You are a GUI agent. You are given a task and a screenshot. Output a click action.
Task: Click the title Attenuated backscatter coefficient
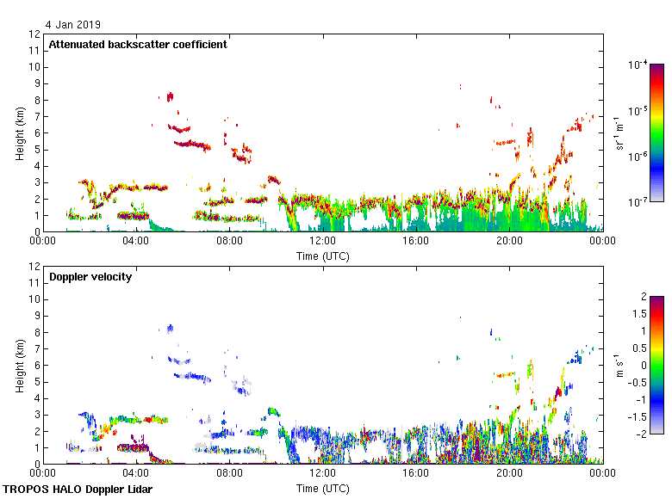[x=138, y=45]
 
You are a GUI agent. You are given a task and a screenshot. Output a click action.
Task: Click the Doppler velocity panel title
[x=89, y=277]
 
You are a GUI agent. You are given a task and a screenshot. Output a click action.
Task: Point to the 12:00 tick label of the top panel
[x=322, y=242]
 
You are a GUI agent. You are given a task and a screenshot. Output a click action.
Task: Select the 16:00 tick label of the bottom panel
[x=415, y=474]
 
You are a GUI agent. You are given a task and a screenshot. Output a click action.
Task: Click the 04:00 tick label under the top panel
[x=136, y=242]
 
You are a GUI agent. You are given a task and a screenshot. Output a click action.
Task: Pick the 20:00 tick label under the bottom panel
[x=508, y=474]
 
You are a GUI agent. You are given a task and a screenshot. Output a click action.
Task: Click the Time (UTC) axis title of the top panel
[x=322, y=256]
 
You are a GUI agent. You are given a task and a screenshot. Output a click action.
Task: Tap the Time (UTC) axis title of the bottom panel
[x=322, y=488]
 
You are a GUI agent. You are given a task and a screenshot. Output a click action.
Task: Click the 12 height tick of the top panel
[x=34, y=34]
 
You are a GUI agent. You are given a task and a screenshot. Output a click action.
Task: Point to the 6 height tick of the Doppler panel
[x=37, y=365]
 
